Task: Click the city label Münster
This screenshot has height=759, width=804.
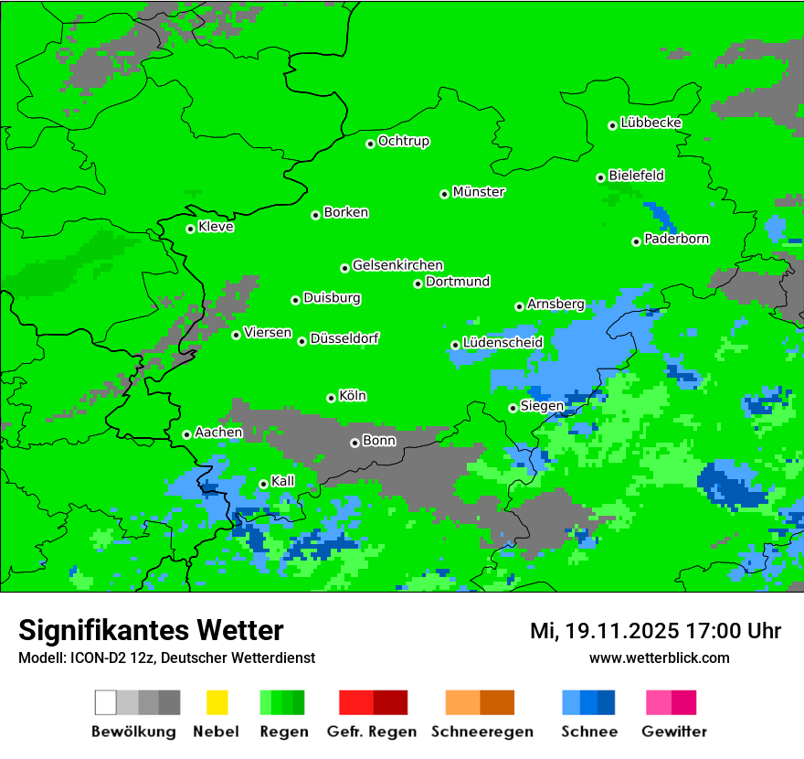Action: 479,192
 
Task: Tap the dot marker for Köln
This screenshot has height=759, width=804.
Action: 332,398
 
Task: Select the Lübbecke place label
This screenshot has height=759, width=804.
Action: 651,123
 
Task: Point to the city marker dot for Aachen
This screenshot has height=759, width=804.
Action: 187,434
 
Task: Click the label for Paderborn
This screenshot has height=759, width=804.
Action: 676,239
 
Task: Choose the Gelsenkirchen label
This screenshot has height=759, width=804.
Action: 397,265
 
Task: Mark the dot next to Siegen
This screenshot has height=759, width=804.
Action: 513,408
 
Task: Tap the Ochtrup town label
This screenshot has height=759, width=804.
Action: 404,141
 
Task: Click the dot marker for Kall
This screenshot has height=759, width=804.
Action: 264,484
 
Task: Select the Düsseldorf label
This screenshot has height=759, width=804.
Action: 344,338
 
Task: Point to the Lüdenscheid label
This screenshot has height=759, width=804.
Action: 503,342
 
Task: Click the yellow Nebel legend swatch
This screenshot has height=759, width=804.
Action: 217,702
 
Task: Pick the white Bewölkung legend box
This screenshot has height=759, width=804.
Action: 106,702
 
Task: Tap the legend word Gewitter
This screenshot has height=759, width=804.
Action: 673,732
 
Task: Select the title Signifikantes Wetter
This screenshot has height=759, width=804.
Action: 151,630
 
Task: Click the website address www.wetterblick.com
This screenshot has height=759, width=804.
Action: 659,657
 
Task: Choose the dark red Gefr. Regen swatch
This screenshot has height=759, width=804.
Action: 390,702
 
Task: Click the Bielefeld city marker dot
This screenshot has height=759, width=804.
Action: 601,177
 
